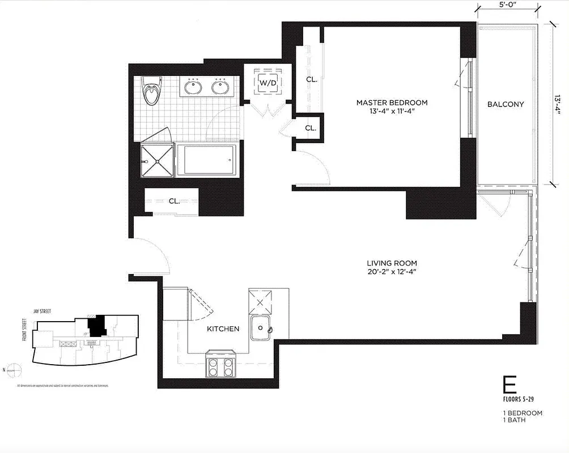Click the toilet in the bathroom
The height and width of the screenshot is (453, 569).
pyautogui.click(x=151, y=92)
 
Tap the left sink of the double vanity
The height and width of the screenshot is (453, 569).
pyautogui.click(x=193, y=88)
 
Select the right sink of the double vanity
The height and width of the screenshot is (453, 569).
pyautogui.click(x=220, y=88)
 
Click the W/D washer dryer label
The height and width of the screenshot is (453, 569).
pyautogui.click(x=267, y=83)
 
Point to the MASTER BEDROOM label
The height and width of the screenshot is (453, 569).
pyautogui.click(x=392, y=102)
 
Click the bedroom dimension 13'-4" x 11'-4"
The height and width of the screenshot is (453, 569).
pyautogui.click(x=392, y=112)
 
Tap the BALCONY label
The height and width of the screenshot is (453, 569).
pyautogui.click(x=506, y=104)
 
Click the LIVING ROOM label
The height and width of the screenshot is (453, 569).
pyautogui.click(x=392, y=263)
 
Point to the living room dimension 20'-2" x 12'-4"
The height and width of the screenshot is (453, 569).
pyautogui.click(x=392, y=272)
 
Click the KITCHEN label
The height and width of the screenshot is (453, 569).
pyautogui.click(x=223, y=329)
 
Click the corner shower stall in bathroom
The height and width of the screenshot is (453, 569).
pyautogui.click(x=157, y=161)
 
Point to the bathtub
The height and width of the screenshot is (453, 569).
pyautogui.click(x=206, y=161)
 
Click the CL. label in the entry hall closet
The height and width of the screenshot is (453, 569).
pyautogui.click(x=174, y=201)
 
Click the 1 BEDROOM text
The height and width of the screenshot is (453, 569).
pyautogui.click(x=523, y=413)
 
